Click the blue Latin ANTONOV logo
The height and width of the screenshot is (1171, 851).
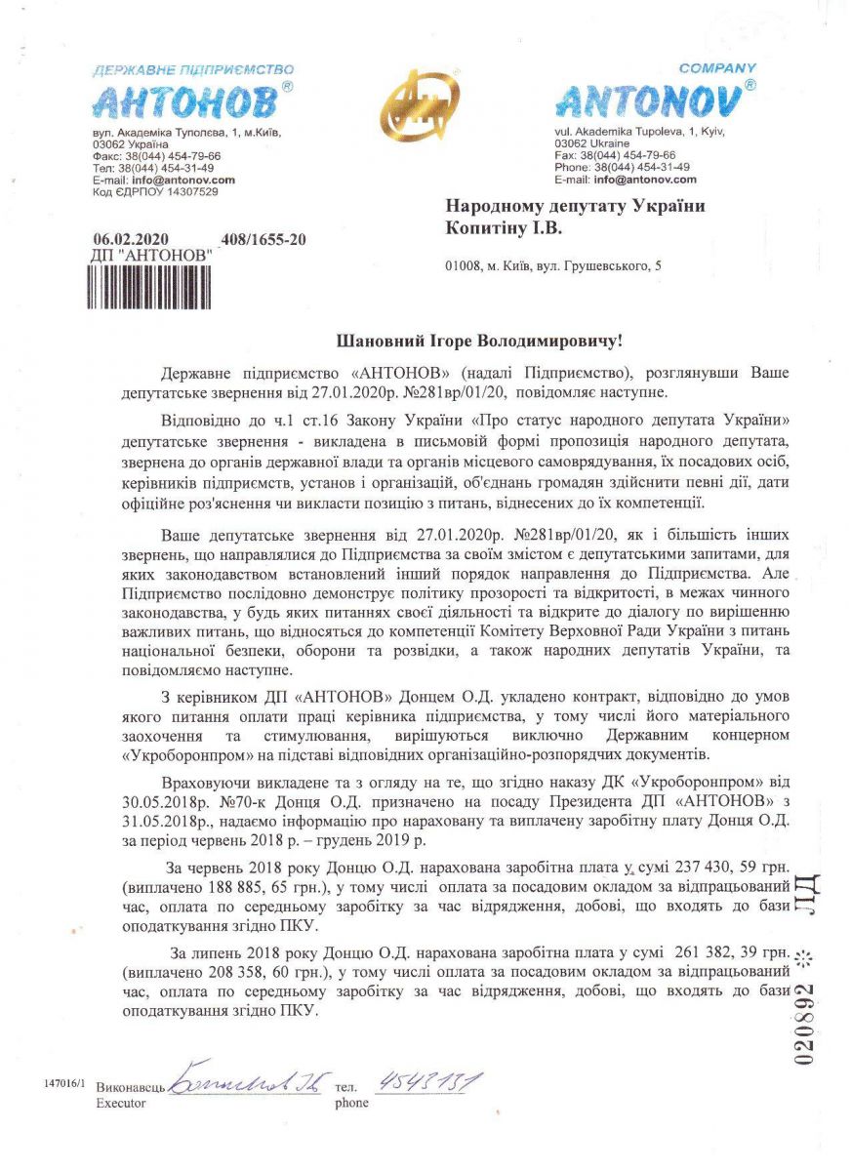click(x=652, y=100)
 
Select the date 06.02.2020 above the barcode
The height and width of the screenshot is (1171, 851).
click(x=131, y=238)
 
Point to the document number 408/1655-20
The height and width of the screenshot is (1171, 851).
click(x=263, y=238)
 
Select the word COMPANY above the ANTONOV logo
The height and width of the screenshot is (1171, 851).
click(x=717, y=68)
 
